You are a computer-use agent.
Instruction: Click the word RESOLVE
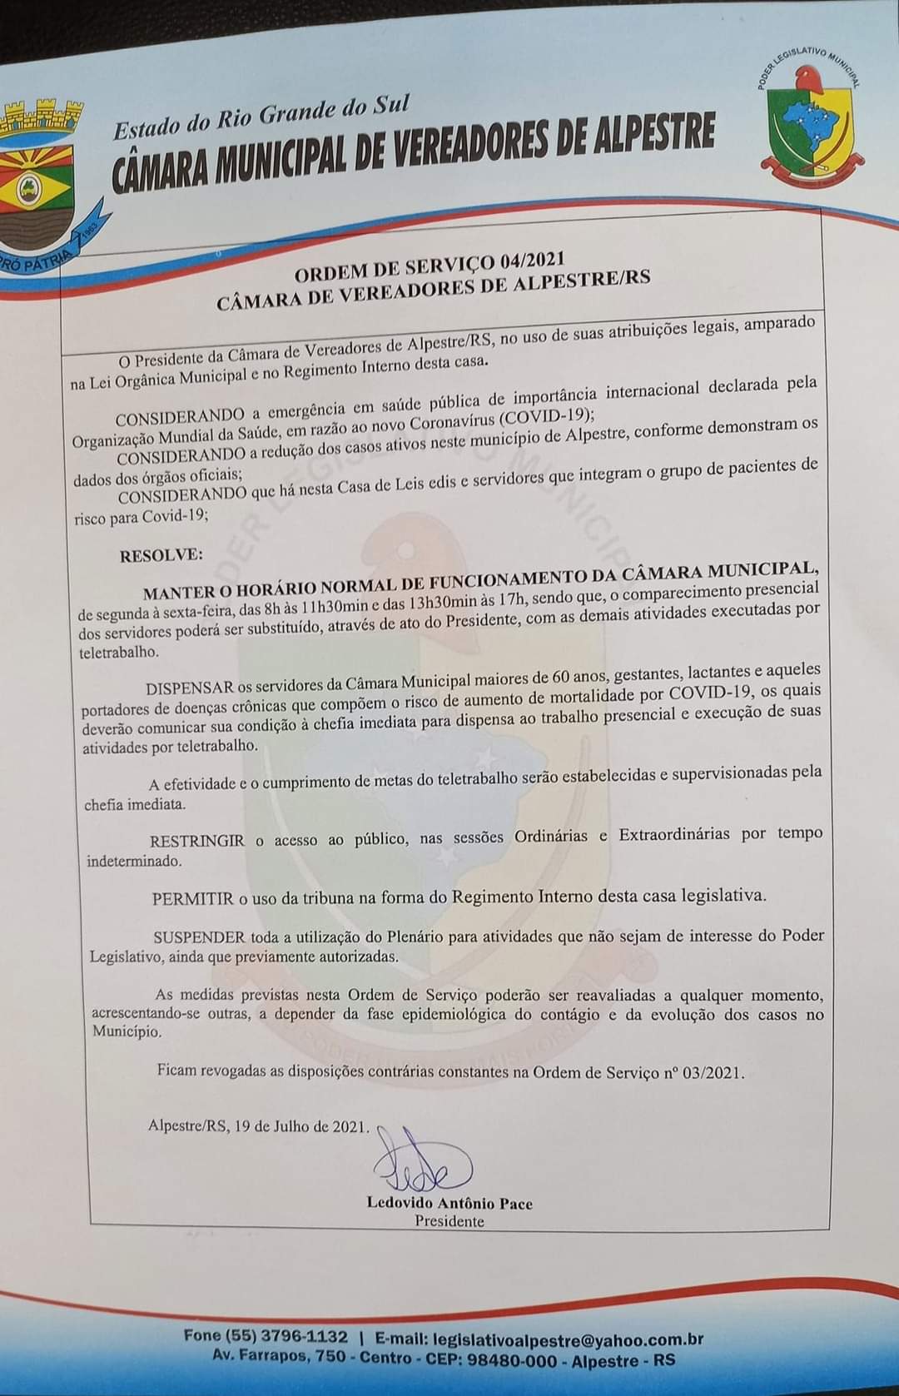tap(161, 554)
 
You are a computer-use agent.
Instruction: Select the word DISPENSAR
tap(189, 688)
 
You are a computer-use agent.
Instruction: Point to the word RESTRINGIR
tap(196, 841)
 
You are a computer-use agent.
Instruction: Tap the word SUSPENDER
tap(199, 936)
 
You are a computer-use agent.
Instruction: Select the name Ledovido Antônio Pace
tap(449, 1203)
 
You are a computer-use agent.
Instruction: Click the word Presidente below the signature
tap(449, 1221)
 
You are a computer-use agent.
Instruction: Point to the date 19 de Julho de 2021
tap(300, 1126)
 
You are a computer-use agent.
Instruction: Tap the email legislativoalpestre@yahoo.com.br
tap(568, 1339)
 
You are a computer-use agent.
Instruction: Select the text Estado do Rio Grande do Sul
tap(261, 117)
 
